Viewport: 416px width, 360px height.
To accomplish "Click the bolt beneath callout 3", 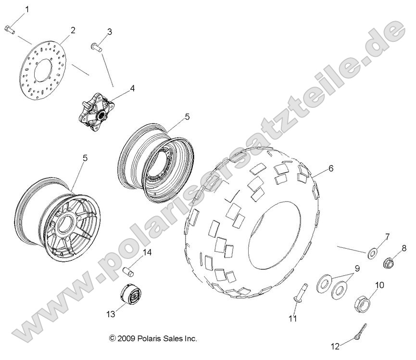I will (95, 47).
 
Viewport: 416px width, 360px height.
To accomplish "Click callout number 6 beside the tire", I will (330, 168).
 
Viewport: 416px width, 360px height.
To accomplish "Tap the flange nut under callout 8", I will (389, 263).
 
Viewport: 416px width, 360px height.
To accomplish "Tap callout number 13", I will (111, 314).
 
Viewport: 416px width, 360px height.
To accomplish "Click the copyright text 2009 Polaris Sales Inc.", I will (153, 338).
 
